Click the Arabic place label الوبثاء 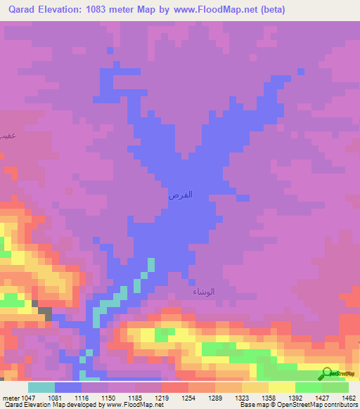coord(204,292)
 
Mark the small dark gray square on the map coord(44,310)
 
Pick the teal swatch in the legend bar coord(41,387)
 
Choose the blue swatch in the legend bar coord(68,387)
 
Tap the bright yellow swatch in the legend coord(281,387)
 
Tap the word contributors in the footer coord(339,405)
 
